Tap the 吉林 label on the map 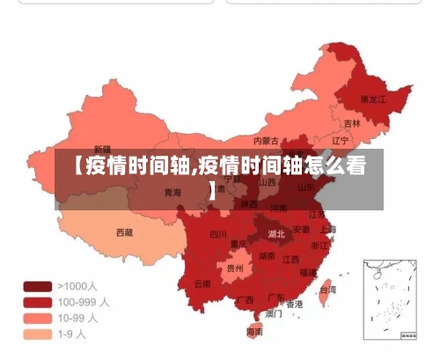352,123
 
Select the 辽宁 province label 341,140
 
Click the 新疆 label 103,149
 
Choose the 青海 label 172,192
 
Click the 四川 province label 218,234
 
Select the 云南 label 202,283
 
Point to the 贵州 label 235,268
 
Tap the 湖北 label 276,234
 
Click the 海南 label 254,332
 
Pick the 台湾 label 326,289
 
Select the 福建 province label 307,272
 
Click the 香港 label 294,304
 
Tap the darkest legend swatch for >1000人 37,286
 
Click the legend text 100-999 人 84,302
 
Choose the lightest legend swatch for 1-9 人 37,334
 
